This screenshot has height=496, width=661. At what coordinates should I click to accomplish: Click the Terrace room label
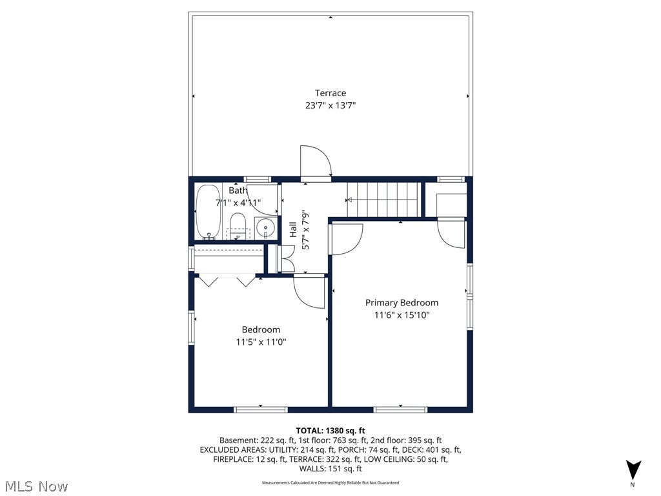click(330, 93)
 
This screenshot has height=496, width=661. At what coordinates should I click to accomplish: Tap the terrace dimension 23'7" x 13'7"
click(330, 105)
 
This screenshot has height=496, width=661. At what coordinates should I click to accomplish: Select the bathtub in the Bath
click(208, 212)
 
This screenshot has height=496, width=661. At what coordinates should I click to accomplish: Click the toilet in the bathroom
click(238, 225)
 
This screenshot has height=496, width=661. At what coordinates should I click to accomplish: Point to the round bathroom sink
click(265, 227)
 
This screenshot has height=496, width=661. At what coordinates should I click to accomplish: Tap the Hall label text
click(293, 229)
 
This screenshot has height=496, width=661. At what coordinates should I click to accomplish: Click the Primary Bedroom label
click(402, 302)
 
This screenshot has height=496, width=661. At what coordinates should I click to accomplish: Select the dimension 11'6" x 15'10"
click(402, 315)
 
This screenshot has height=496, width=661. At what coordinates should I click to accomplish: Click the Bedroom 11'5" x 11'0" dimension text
click(261, 342)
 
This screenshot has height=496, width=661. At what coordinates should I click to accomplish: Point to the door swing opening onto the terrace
click(315, 161)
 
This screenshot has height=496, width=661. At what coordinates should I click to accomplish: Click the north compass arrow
click(634, 470)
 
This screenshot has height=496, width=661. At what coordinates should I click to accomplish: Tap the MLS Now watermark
click(35, 485)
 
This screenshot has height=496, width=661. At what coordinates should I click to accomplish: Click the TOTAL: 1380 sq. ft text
click(330, 430)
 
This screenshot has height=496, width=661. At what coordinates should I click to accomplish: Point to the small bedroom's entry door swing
click(309, 291)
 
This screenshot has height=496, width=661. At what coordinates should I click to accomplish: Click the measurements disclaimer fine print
click(330, 482)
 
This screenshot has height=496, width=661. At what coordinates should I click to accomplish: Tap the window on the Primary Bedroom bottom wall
click(400, 409)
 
